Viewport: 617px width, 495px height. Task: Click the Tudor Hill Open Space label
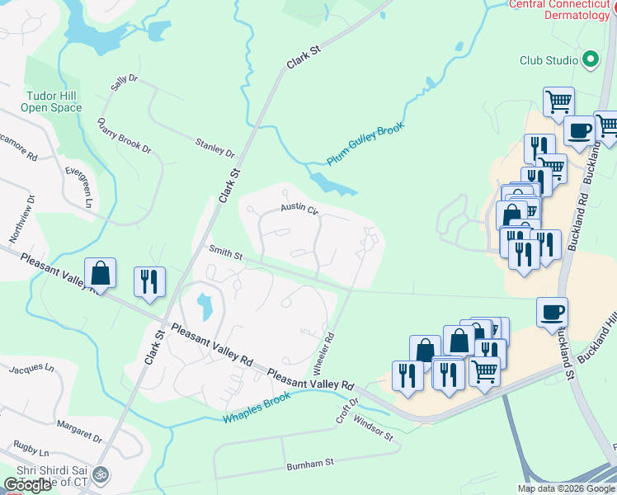51,102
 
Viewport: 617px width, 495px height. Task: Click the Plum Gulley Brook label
365,145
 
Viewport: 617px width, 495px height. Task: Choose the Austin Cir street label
299,210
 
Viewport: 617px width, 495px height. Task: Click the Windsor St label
374,429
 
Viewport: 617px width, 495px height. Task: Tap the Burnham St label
309,465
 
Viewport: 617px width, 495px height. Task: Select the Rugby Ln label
31,452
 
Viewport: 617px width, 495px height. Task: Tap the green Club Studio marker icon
591,59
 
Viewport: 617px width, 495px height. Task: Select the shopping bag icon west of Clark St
100,273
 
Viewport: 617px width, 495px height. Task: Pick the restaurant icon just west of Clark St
149,281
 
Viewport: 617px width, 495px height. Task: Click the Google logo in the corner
28,485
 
